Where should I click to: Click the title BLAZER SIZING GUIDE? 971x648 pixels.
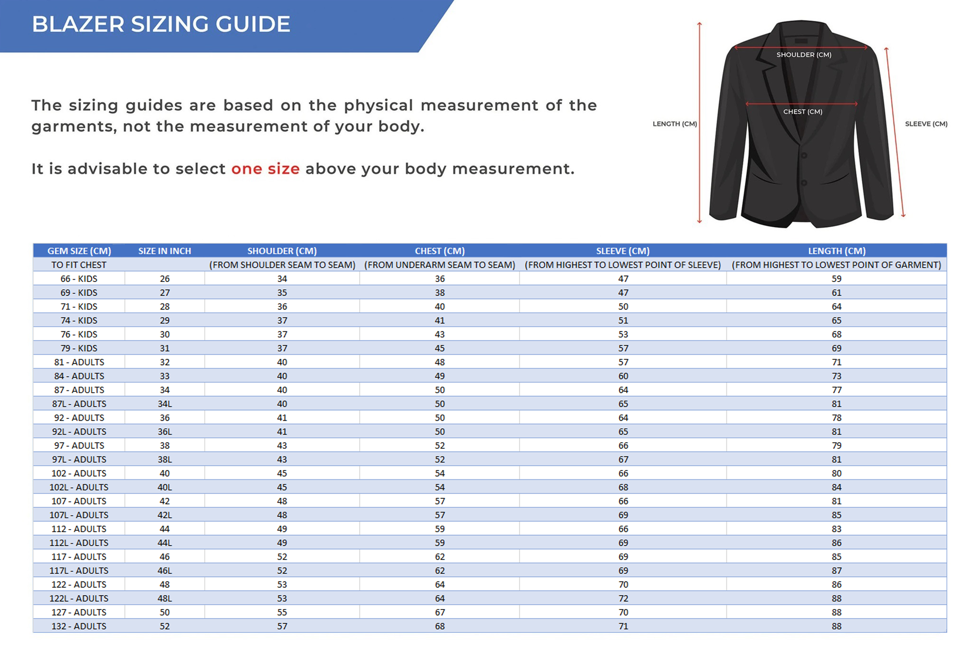click(x=161, y=24)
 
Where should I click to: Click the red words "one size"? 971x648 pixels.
click(x=265, y=169)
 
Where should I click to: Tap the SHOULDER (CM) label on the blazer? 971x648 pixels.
click(x=804, y=55)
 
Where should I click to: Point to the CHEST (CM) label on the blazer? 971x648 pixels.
click(x=802, y=112)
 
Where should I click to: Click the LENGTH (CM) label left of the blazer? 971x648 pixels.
click(x=675, y=124)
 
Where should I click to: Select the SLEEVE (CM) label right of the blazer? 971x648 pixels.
click(x=926, y=124)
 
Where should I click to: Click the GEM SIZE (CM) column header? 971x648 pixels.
click(x=79, y=251)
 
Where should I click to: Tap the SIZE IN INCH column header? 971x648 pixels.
click(x=164, y=251)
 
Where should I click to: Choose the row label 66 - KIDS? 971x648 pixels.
click(x=79, y=279)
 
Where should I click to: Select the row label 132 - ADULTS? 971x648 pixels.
click(x=79, y=627)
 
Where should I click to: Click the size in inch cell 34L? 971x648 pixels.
click(x=164, y=404)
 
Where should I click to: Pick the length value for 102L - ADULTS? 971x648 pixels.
click(x=836, y=487)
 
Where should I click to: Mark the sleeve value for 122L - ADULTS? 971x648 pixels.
click(x=623, y=599)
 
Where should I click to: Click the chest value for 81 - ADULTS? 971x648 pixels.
click(x=439, y=362)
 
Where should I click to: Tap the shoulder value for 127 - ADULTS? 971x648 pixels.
click(x=282, y=612)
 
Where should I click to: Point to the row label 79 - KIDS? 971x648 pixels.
click(x=79, y=348)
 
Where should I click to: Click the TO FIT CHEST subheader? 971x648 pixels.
click(x=79, y=265)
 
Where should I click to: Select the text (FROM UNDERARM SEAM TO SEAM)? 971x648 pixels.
click(x=439, y=265)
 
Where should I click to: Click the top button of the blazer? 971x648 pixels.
click(x=804, y=155)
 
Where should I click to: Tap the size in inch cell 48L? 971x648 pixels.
click(x=164, y=599)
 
